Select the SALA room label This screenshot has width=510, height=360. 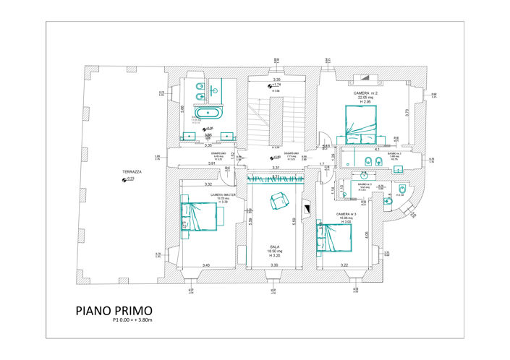click(274, 247)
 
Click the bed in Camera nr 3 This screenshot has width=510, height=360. click(336, 237)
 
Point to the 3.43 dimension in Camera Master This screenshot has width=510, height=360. click(206, 265)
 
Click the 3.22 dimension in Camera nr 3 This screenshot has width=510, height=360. click(344, 265)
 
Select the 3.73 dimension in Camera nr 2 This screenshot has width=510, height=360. click(407, 112)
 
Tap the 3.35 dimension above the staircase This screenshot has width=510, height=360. click(276, 80)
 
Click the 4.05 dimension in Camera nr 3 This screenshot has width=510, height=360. click(367, 233)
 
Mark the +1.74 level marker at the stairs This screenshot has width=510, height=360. click(275, 85)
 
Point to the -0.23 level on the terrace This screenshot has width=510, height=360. click(129, 179)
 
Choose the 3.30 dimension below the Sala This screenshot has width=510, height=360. click(274, 265)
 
